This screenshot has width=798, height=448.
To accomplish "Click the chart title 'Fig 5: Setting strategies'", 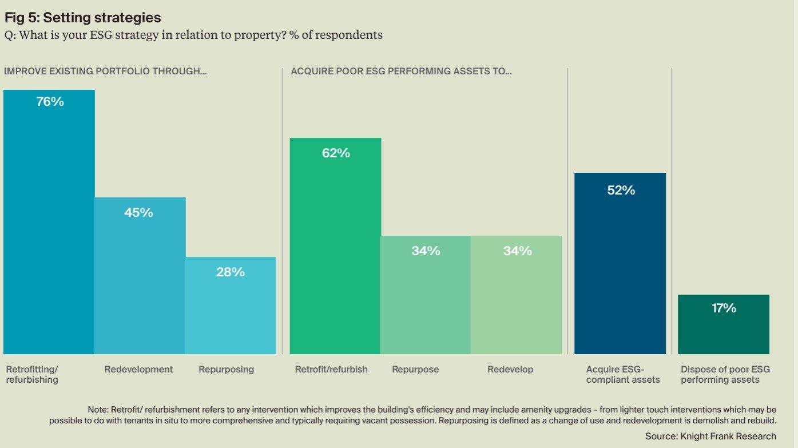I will point(83,18).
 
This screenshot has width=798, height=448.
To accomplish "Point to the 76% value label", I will point(50,102).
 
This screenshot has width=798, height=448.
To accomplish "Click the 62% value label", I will point(336,153).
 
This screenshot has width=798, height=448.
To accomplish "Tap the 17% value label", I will point(724,308).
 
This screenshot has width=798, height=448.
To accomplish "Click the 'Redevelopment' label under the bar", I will point(138,370).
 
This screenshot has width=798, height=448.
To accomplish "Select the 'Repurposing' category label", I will point(226,370).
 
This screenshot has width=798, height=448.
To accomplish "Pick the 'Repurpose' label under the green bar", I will point(415,370).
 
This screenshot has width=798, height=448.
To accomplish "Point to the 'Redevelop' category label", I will point(510,370).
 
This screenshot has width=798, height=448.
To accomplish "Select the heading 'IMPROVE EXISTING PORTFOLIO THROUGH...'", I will point(105,72).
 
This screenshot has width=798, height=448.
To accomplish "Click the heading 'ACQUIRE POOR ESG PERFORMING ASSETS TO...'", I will point(401,72).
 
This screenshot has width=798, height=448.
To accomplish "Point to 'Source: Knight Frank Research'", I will point(711,436).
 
